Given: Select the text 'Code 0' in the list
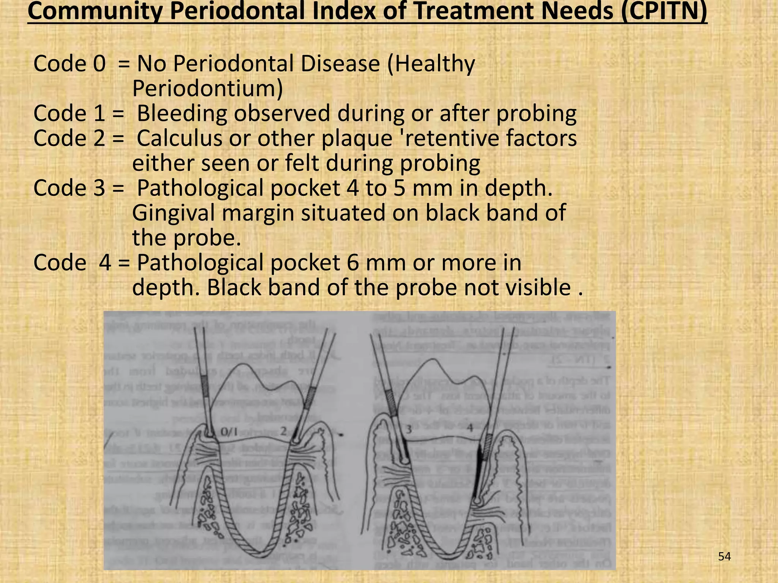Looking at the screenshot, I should pos(69,63).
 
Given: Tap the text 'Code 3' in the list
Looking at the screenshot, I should pos(69,188).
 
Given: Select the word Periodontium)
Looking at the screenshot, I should pos(207,88).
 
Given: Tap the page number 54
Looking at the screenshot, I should pos(724,557).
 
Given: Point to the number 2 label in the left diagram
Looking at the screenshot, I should pos(284,431).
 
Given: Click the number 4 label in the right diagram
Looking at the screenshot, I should pos(470,428).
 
